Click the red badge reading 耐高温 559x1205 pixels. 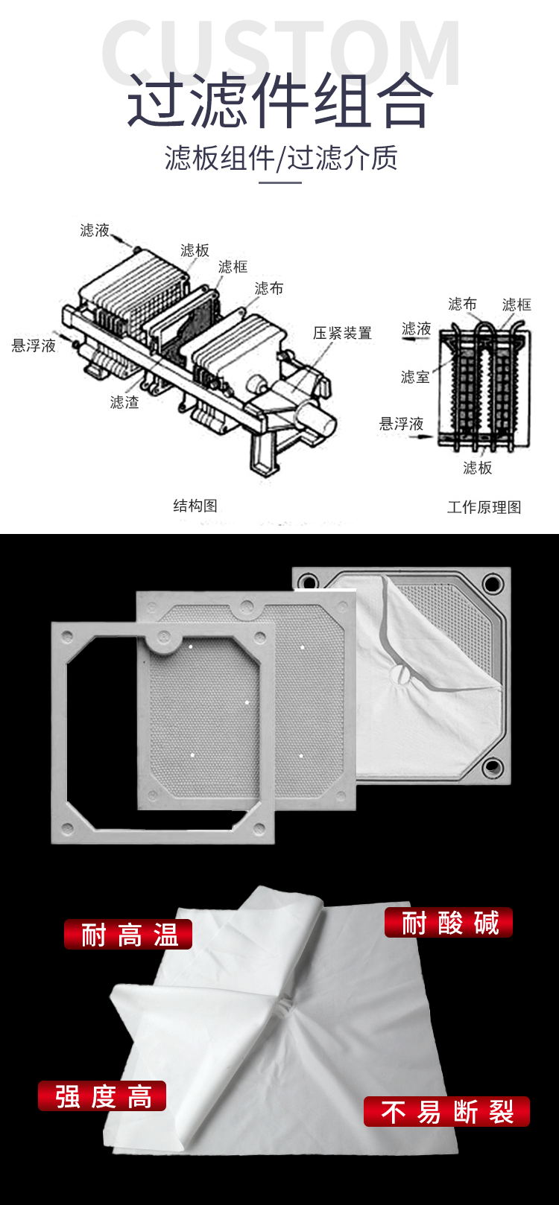tap(128, 935)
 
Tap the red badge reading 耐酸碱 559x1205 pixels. tap(449, 923)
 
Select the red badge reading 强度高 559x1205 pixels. tap(102, 1096)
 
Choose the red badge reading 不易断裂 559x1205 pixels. tap(446, 1112)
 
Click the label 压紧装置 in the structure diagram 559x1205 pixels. tap(342, 333)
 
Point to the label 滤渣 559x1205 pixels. tap(124, 402)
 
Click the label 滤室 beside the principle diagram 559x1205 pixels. tap(415, 377)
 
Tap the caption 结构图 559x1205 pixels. tap(195, 506)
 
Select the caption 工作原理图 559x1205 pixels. tap(484, 507)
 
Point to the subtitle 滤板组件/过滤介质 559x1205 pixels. tap(281, 158)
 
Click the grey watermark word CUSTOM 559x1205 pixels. tap(281, 51)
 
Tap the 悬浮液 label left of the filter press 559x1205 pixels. tap(34, 346)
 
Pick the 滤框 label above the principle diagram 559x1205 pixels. tap(517, 305)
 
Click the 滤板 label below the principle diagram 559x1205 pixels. tap(477, 468)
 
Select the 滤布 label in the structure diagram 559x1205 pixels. tap(269, 288)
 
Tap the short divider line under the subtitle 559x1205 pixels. tap(280, 182)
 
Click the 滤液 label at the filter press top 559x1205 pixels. tap(95, 230)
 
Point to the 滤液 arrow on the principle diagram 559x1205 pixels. tap(416, 340)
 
